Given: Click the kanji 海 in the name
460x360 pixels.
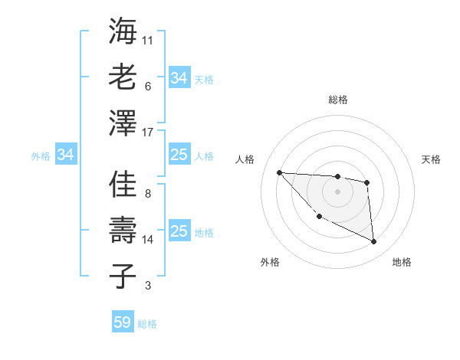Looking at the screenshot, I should [123, 31].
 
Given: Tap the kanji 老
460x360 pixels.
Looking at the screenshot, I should [123, 77].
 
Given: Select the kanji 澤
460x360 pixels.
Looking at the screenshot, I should [123, 123].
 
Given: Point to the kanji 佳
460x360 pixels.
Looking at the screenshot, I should [123, 185].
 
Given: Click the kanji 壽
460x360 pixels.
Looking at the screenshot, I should [123, 231].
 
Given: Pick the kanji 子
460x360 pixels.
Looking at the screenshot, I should [123, 277].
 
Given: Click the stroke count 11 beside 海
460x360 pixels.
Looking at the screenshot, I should [148, 39].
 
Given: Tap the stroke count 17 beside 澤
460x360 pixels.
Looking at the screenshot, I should [148, 133].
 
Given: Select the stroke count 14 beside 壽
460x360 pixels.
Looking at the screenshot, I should [148, 240].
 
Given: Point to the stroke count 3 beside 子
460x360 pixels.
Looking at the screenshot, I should [148, 286].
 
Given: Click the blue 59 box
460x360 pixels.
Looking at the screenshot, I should [122, 322].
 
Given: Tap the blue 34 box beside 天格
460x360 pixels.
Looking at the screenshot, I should [179, 78].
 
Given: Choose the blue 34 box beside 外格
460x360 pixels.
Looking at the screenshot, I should [66, 155].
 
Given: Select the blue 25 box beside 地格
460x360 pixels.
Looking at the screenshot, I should [179, 232].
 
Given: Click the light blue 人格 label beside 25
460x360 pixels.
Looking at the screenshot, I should [204, 155].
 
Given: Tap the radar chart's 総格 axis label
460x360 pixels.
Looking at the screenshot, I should [337, 100].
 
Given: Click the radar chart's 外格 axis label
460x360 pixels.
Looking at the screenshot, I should [270, 262].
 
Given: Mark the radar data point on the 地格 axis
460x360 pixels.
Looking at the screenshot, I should [374, 242].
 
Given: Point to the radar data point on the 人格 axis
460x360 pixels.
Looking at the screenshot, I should [279, 172].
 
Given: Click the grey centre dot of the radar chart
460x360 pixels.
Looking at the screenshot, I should [337, 191].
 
